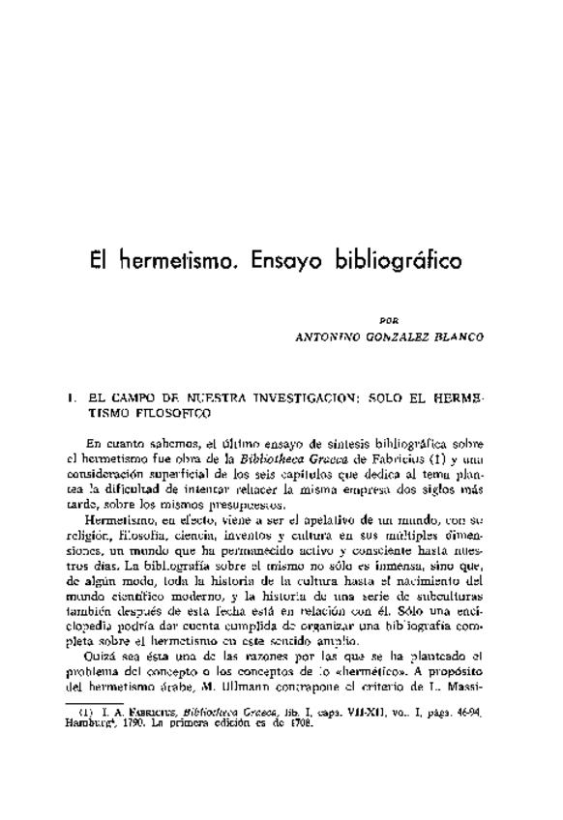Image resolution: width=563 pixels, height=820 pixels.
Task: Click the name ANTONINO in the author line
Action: (x=332, y=338)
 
